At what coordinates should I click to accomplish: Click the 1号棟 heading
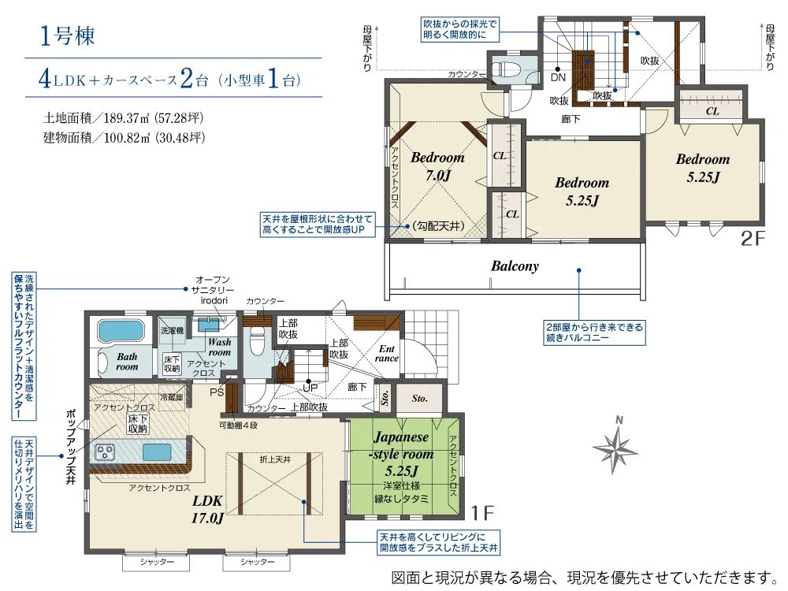coord(67,36)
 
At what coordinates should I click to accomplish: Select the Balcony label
coord(515,266)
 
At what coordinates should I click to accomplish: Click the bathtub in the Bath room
coord(121,331)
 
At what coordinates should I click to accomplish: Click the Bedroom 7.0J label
coord(437,165)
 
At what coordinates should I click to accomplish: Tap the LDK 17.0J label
coord(207,508)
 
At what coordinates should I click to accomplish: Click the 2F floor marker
coord(753,238)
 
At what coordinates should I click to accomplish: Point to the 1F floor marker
coord(482,513)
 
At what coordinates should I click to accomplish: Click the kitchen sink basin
coord(158,452)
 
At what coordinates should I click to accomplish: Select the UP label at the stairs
coord(310,388)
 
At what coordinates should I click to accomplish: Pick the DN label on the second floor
coord(558,77)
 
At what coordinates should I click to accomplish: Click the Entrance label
coord(386,353)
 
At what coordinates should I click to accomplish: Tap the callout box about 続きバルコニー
coord(594,333)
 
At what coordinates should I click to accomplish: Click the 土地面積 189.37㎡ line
coord(123,118)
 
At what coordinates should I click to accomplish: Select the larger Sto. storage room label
coord(420,399)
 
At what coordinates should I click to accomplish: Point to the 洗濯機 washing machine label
coord(172,331)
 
